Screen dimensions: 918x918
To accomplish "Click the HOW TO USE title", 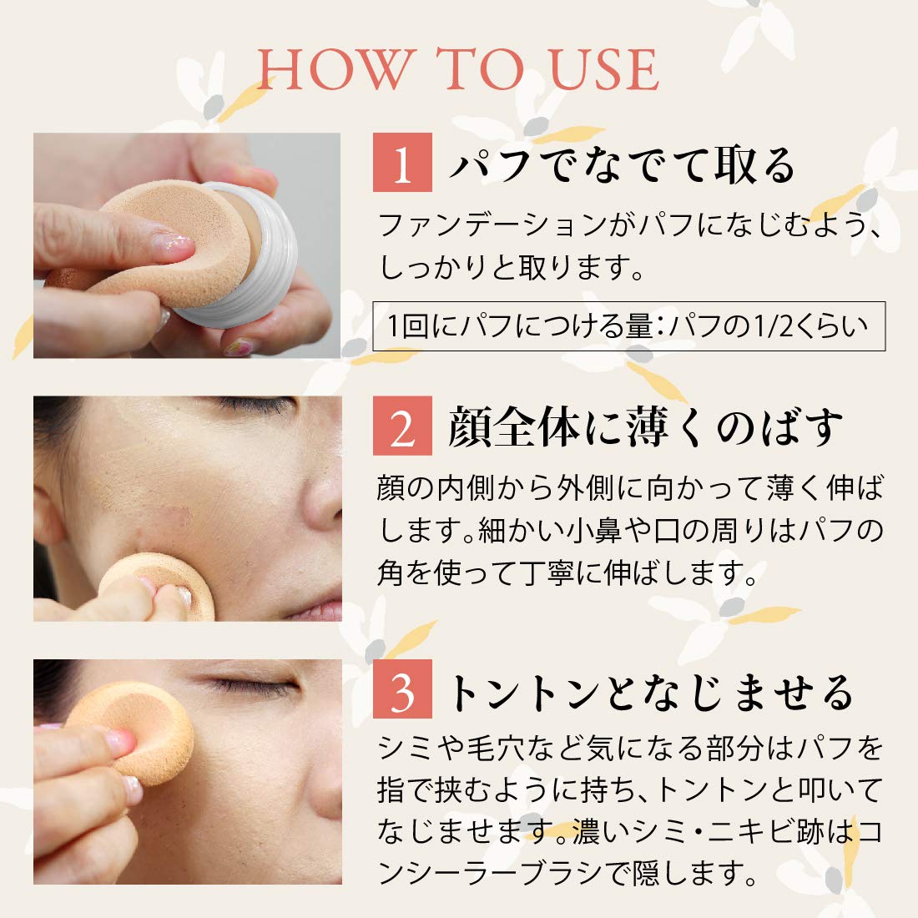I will pyautogui.click(x=458, y=69).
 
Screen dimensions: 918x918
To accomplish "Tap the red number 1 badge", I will pyautogui.click(x=402, y=163).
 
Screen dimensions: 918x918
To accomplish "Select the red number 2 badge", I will pyautogui.click(x=402, y=426).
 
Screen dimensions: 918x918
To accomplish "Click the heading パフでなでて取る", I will pyautogui.click(x=622, y=164).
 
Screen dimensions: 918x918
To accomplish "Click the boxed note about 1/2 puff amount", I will pyautogui.click(x=628, y=325).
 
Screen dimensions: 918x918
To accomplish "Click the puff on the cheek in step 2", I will pyautogui.click(x=159, y=584).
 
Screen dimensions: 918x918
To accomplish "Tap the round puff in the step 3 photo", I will pyautogui.click(x=134, y=726).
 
